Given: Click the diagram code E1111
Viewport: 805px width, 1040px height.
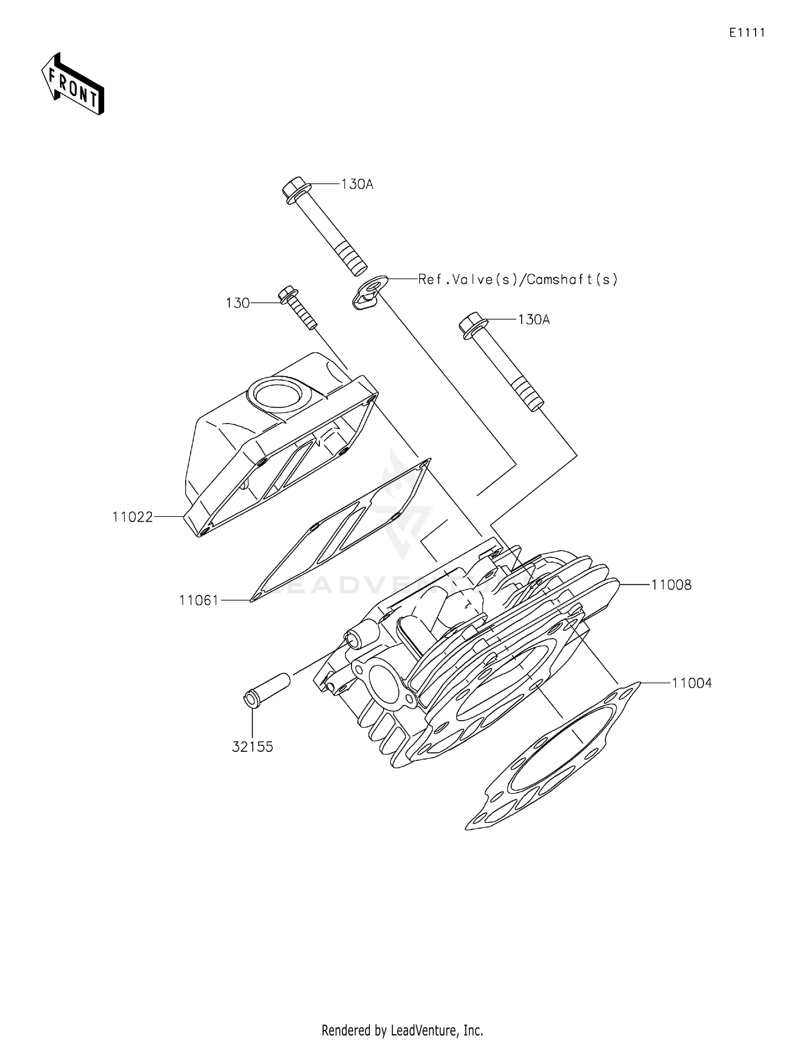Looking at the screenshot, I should tap(747, 33).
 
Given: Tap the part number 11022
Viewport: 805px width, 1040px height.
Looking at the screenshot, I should tap(133, 517).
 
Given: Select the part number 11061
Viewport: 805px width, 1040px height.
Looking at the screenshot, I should tap(199, 600).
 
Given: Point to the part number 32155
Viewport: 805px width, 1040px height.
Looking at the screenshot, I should tap(252, 746).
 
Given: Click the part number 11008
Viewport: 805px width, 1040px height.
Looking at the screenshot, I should tap(671, 584).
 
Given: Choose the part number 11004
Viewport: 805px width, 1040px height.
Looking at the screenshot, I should tap(692, 683).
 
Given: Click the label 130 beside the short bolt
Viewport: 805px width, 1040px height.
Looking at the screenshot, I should tap(237, 303).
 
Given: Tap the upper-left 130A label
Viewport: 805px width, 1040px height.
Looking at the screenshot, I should tap(357, 185).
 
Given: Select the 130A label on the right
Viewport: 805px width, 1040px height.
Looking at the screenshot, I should tap(534, 320).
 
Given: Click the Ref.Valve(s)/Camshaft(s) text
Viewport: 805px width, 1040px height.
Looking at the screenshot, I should tap(518, 280).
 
